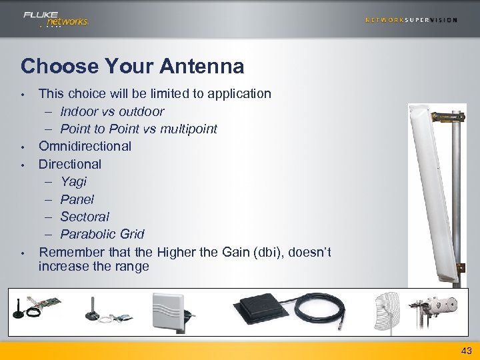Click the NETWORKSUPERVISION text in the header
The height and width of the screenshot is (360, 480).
tap(411, 20)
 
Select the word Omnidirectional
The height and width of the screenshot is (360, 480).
tap(85, 146)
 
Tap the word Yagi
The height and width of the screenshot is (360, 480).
tap(73, 181)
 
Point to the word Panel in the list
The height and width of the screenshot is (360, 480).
tap(77, 199)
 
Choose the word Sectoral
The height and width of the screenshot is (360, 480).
tap(85, 217)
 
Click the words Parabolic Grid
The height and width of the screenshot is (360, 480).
tap(102, 234)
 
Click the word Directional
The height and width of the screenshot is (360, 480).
tap(70, 164)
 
